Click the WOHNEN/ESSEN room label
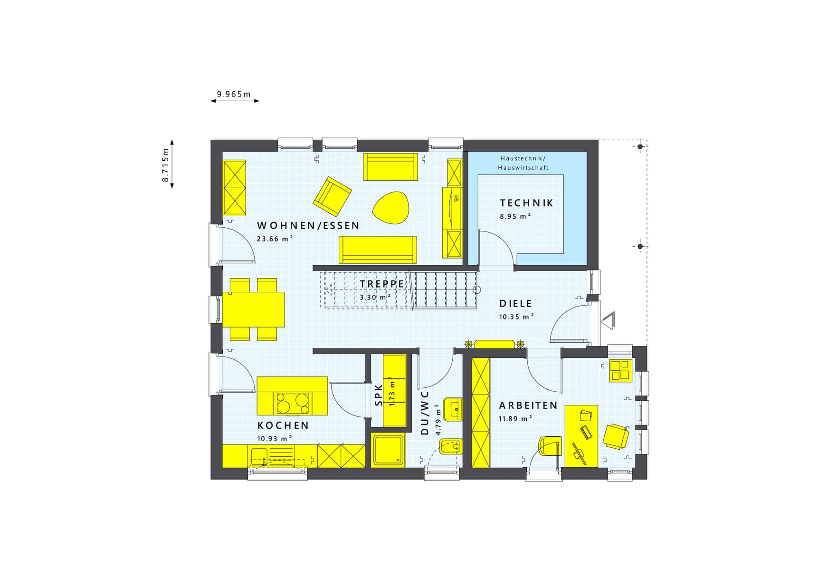click(x=308, y=226)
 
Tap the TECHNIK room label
click(x=526, y=203)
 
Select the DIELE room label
click(x=515, y=304)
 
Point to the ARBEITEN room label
click(x=528, y=405)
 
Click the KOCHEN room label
click(x=283, y=425)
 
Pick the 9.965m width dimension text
click(x=234, y=94)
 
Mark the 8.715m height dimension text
click(x=165, y=165)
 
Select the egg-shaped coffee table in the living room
click(x=390, y=208)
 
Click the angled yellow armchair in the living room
click(x=332, y=196)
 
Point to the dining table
click(x=254, y=309)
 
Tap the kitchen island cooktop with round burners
click(x=293, y=403)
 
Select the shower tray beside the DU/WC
click(x=388, y=450)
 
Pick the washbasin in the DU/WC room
click(x=453, y=409)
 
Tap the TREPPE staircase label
click(x=382, y=284)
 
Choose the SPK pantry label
click(x=379, y=395)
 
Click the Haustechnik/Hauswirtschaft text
click(x=523, y=163)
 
